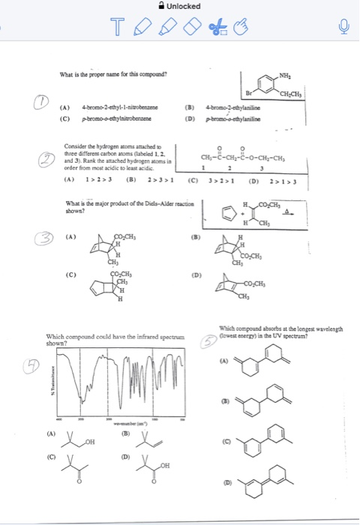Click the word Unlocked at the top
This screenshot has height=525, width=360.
[184, 6]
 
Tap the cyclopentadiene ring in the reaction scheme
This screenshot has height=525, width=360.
[222, 212]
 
